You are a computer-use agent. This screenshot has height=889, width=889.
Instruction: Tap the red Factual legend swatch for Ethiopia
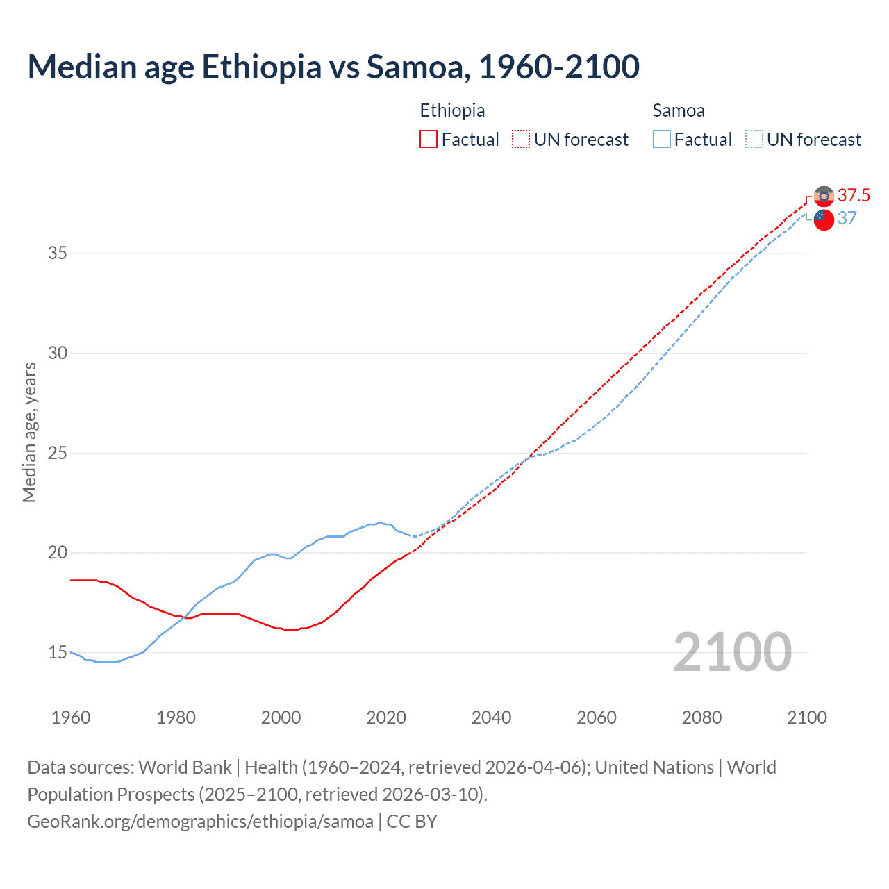[x=429, y=140]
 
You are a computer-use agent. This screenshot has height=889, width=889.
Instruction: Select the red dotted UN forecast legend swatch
[x=521, y=140]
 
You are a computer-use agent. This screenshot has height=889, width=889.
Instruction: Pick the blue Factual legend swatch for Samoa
[x=662, y=140]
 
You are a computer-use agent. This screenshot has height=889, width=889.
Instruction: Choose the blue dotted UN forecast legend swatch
[x=754, y=140]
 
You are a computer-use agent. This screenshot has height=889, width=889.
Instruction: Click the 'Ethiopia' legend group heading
[x=452, y=110]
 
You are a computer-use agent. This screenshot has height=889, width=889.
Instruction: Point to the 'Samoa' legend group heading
[x=679, y=110]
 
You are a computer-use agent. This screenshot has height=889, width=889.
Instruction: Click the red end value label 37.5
[x=854, y=196]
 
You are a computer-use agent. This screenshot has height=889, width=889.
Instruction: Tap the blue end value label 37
[x=847, y=219]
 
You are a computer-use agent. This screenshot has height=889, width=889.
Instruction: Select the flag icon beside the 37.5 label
[x=824, y=197]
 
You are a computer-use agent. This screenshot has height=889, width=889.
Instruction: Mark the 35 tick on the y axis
[x=58, y=254]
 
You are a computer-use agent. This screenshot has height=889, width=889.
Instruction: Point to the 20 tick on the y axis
[x=58, y=553]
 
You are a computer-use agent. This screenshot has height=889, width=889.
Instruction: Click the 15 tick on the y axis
[x=58, y=653]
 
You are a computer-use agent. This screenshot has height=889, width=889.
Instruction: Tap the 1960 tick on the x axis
[x=71, y=717]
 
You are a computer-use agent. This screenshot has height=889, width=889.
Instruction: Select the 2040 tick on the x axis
[x=491, y=717]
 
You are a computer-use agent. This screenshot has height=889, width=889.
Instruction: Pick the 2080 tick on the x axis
[x=701, y=717]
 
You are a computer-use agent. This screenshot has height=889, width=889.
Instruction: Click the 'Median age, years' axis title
[x=29, y=432]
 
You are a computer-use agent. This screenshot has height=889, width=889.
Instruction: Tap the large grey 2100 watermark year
[x=732, y=652]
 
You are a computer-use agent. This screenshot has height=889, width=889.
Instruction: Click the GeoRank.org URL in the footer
[x=200, y=822]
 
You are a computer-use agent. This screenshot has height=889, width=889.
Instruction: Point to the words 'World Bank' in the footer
[x=185, y=767]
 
